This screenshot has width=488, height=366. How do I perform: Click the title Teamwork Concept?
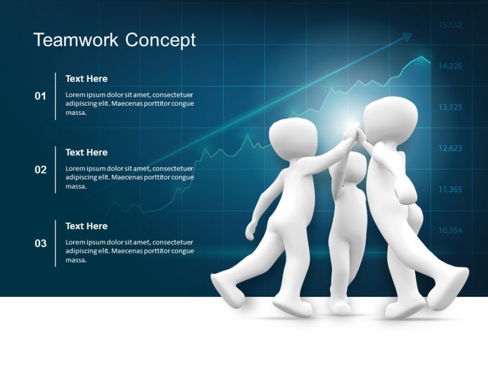click(114, 40)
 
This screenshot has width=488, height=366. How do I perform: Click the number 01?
click(40, 96)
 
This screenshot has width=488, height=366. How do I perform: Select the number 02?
click(40, 170)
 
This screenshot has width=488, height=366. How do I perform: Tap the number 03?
click(40, 244)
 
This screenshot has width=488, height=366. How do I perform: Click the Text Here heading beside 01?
click(86, 78)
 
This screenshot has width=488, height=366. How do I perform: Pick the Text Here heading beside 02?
click(86, 152)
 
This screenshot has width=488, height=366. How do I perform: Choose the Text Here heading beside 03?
click(86, 226)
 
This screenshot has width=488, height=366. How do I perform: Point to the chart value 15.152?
click(450, 25)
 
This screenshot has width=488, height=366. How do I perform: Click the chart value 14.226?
click(450, 66)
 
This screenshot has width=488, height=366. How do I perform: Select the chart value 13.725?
click(450, 108)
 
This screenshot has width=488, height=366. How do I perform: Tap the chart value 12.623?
click(450, 149)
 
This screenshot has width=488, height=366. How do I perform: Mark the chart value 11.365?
click(450, 190)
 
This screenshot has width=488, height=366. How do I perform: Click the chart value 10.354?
click(450, 231)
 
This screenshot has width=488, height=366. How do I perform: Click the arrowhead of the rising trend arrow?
click(407, 37)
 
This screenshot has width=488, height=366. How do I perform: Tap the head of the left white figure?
click(293, 137)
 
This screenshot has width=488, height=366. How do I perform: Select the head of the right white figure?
click(391, 117)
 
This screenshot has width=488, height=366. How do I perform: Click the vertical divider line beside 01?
click(55, 96)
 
